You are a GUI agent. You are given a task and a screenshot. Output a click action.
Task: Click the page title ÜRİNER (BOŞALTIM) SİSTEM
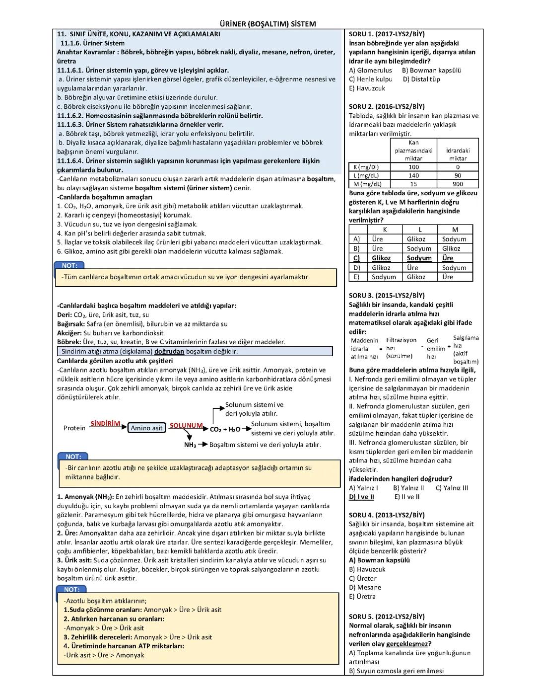click(268, 24)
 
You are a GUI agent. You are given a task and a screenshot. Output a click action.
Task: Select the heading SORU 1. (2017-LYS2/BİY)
click(387, 34)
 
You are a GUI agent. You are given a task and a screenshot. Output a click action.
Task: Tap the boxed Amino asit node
click(146, 428)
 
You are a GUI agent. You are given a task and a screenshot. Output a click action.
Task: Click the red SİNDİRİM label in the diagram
click(105, 424)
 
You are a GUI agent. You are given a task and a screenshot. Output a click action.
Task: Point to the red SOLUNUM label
click(186, 426)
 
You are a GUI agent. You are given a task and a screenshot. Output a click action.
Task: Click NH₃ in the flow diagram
click(190, 445)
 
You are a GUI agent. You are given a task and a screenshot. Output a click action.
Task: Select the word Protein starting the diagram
click(74, 428)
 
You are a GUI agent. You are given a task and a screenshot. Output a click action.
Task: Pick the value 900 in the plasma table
click(457, 184)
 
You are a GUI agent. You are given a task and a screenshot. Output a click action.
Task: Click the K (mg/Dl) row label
click(365, 167)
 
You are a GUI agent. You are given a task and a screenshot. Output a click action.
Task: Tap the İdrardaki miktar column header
click(457, 154)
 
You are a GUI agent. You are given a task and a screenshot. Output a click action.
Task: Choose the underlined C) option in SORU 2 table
click(356, 258)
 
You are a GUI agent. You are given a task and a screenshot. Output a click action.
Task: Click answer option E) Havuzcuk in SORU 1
click(367, 88)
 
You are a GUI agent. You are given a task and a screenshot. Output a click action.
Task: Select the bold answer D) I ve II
click(361, 497)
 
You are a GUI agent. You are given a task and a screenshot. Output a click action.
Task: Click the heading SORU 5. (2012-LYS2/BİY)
click(387, 617)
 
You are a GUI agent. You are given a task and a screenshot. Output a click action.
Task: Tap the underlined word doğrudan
click(169, 351)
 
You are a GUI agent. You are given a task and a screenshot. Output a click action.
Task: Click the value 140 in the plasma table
click(413, 175)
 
